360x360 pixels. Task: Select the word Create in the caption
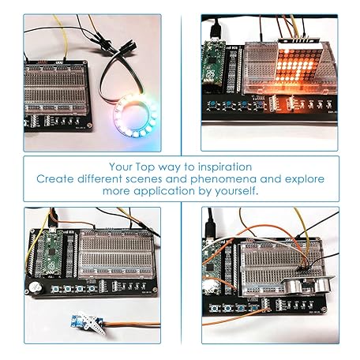coord(56,179)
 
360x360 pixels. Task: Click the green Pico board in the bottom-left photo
coord(52,251)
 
